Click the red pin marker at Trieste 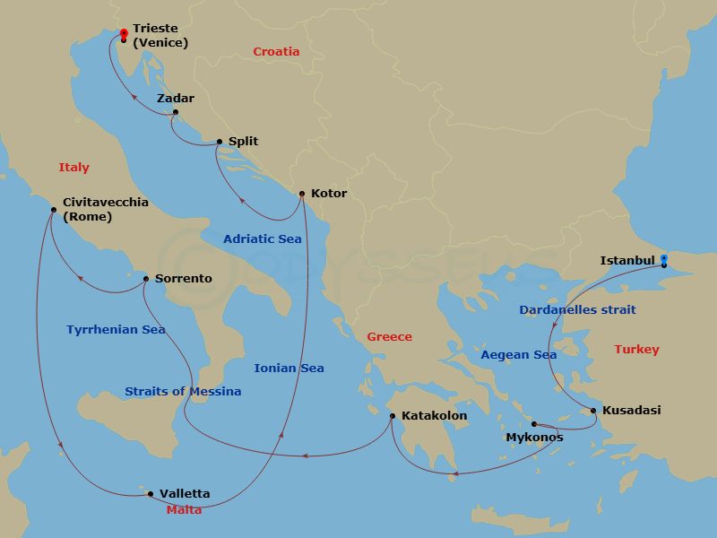(124, 34)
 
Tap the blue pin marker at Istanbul (664, 260)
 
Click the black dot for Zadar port (176, 112)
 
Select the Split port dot (220, 141)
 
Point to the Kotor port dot (302, 194)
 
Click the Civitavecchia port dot (54, 210)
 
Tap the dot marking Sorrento (146, 279)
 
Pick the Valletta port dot (151, 493)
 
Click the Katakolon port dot (393, 416)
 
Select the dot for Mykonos (534, 424)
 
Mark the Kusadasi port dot (593, 411)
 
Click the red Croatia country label (276, 52)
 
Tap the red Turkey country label (636, 350)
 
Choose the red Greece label (389, 337)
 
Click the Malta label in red (184, 510)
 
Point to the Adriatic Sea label (263, 239)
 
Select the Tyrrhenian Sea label (116, 330)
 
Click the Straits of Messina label (183, 392)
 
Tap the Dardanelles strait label (577, 310)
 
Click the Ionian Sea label (289, 369)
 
